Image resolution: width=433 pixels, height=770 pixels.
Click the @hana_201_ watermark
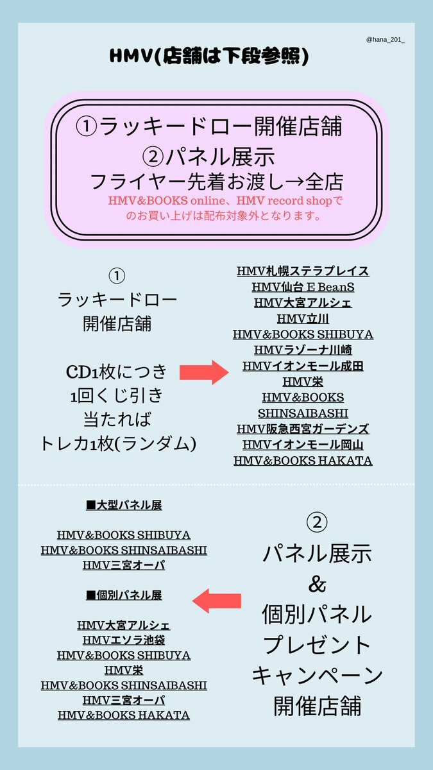click(386, 40)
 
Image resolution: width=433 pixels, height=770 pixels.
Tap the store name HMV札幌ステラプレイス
click(303, 271)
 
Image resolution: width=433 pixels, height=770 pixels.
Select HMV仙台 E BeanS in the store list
click(303, 287)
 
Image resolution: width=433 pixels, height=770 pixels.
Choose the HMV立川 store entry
click(303, 319)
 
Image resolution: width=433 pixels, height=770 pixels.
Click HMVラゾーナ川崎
click(303, 350)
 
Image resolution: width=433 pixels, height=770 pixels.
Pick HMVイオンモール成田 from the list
click(303, 366)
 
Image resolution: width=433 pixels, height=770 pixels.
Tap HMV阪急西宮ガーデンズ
click(303, 429)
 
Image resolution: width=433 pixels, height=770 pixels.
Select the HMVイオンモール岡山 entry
click(303, 445)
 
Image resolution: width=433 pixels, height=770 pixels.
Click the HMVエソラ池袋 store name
click(124, 640)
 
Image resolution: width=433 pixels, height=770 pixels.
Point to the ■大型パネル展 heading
click(124, 505)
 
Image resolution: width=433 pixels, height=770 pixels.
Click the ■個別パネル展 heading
click(124, 595)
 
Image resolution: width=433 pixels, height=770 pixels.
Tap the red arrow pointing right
click(204, 372)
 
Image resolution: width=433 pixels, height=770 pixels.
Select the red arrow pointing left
click(217, 601)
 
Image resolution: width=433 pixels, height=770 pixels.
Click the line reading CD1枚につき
click(117, 372)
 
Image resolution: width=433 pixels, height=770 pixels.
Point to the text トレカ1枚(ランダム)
click(118, 444)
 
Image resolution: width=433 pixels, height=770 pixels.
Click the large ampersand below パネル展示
click(317, 585)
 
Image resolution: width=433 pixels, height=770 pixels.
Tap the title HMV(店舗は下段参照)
click(209, 56)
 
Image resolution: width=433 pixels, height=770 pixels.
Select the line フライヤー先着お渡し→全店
click(217, 182)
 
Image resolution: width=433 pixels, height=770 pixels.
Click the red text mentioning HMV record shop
click(225, 208)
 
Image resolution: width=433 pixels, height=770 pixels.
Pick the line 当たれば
click(117, 420)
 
